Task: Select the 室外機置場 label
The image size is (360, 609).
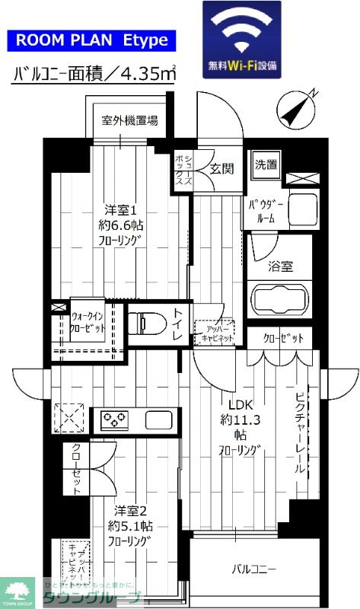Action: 131,120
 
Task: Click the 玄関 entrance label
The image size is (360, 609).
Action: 222,168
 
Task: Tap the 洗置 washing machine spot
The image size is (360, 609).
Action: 266,164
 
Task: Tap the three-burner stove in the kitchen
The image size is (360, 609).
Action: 114,419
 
